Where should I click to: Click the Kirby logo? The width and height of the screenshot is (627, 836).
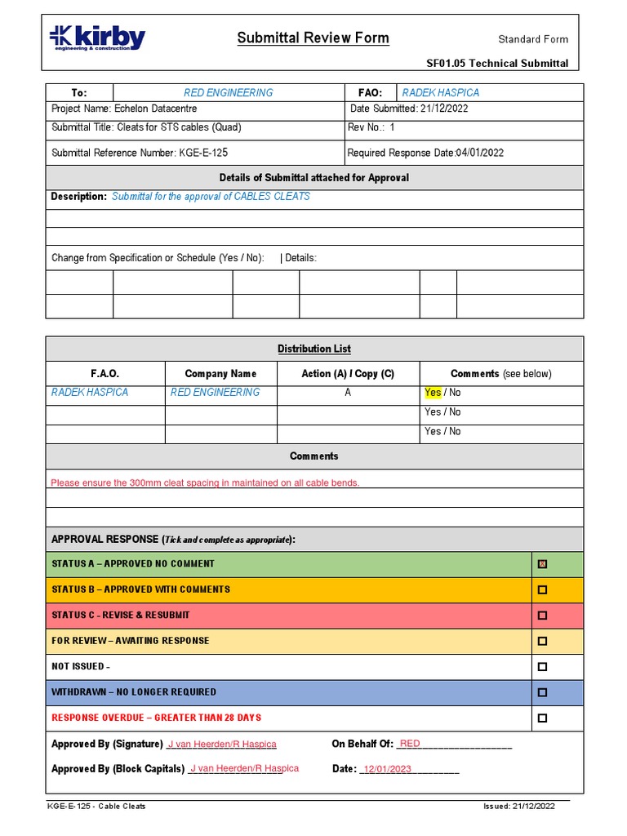click(x=97, y=38)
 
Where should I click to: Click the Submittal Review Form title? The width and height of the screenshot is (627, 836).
click(x=313, y=38)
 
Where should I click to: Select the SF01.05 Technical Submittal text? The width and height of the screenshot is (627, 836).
click(x=497, y=64)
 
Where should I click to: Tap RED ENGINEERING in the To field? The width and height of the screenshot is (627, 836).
click(x=229, y=93)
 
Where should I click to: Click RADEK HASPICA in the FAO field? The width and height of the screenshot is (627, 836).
click(x=440, y=93)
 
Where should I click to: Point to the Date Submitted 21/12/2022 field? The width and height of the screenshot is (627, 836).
click(x=409, y=109)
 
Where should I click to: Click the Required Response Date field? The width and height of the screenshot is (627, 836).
click(x=425, y=153)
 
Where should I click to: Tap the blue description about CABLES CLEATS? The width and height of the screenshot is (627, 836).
click(x=211, y=197)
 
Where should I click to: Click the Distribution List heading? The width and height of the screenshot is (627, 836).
click(x=314, y=349)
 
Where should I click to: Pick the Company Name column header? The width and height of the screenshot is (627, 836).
click(x=220, y=374)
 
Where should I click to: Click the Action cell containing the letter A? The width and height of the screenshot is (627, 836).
click(x=348, y=393)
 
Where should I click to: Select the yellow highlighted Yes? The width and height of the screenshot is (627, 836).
click(x=433, y=393)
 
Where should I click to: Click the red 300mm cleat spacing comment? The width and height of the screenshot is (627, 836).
click(x=205, y=482)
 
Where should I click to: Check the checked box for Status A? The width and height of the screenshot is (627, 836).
click(x=542, y=564)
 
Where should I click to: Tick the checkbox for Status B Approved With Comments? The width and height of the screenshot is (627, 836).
click(x=542, y=589)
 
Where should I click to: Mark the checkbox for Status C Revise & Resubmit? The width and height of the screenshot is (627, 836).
click(x=542, y=616)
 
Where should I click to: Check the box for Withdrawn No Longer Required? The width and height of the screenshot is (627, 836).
click(x=542, y=692)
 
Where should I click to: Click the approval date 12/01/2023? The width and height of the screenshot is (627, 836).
click(x=387, y=769)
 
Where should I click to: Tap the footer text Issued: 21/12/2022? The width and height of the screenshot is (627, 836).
click(x=519, y=807)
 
